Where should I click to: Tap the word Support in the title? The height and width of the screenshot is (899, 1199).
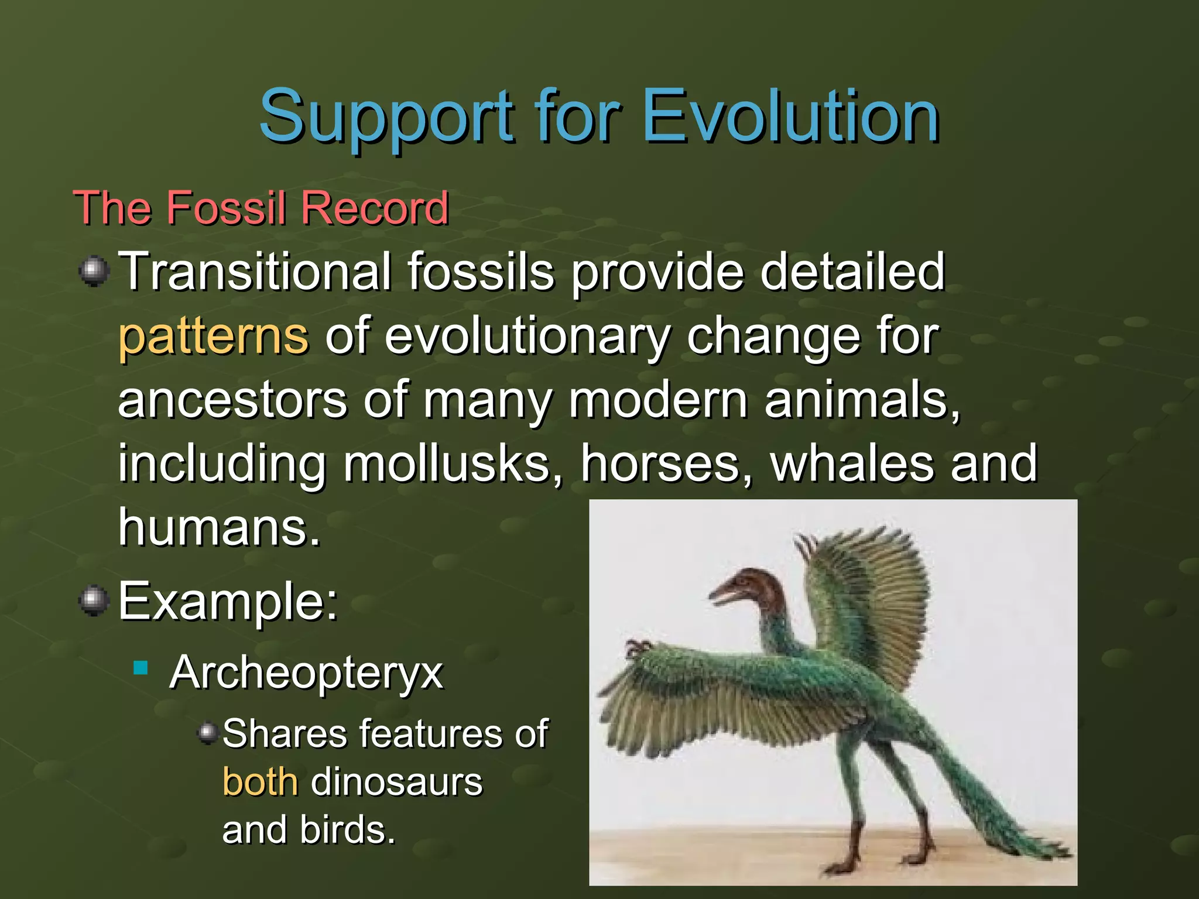tap(386, 117)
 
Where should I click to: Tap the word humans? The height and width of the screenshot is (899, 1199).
tap(220, 527)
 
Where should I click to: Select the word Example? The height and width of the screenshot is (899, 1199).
tap(227, 602)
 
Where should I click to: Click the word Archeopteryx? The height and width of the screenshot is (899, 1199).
tap(306, 673)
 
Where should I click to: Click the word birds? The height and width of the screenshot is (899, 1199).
tap(347, 830)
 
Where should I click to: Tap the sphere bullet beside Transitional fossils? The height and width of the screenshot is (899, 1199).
tap(94, 272)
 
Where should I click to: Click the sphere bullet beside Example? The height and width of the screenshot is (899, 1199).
tap(94, 601)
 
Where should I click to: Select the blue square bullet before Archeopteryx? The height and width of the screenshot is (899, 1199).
tap(141, 668)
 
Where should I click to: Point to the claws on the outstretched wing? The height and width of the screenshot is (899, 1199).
tap(636, 648)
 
